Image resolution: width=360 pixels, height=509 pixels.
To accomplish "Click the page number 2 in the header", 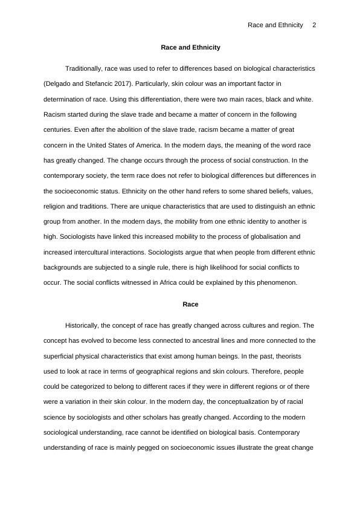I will (314, 25).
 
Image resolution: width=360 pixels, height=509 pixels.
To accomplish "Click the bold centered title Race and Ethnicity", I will (190, 47).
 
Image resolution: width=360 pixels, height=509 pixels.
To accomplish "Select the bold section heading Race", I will (190, 304).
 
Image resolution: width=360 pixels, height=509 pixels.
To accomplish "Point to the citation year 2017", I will (123, 83).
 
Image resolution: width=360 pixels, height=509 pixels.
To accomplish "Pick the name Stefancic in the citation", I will (98, 83).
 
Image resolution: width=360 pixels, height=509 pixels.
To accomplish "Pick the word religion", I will (57, 206).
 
